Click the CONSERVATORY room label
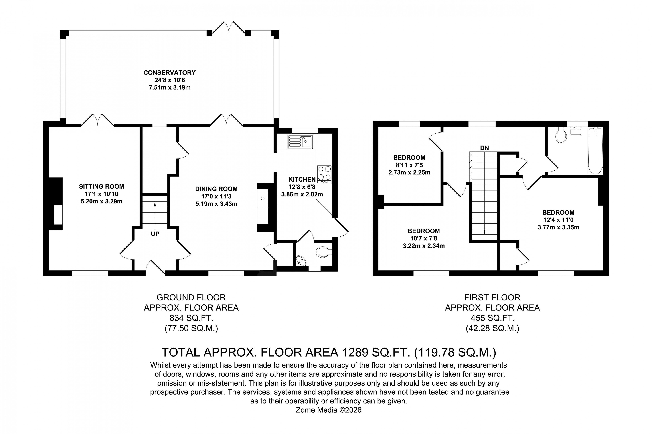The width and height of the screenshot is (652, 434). point(169,73)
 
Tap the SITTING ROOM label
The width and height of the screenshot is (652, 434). point(101,187)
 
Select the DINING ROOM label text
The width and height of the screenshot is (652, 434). point(216,189)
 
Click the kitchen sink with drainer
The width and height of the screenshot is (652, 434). point(300,142)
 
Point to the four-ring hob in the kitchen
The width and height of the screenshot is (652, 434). point(324,174)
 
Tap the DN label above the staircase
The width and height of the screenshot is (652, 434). point(484,148)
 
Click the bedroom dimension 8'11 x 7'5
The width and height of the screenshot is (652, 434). point(409,165)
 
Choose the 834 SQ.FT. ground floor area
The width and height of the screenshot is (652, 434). point(191,318)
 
